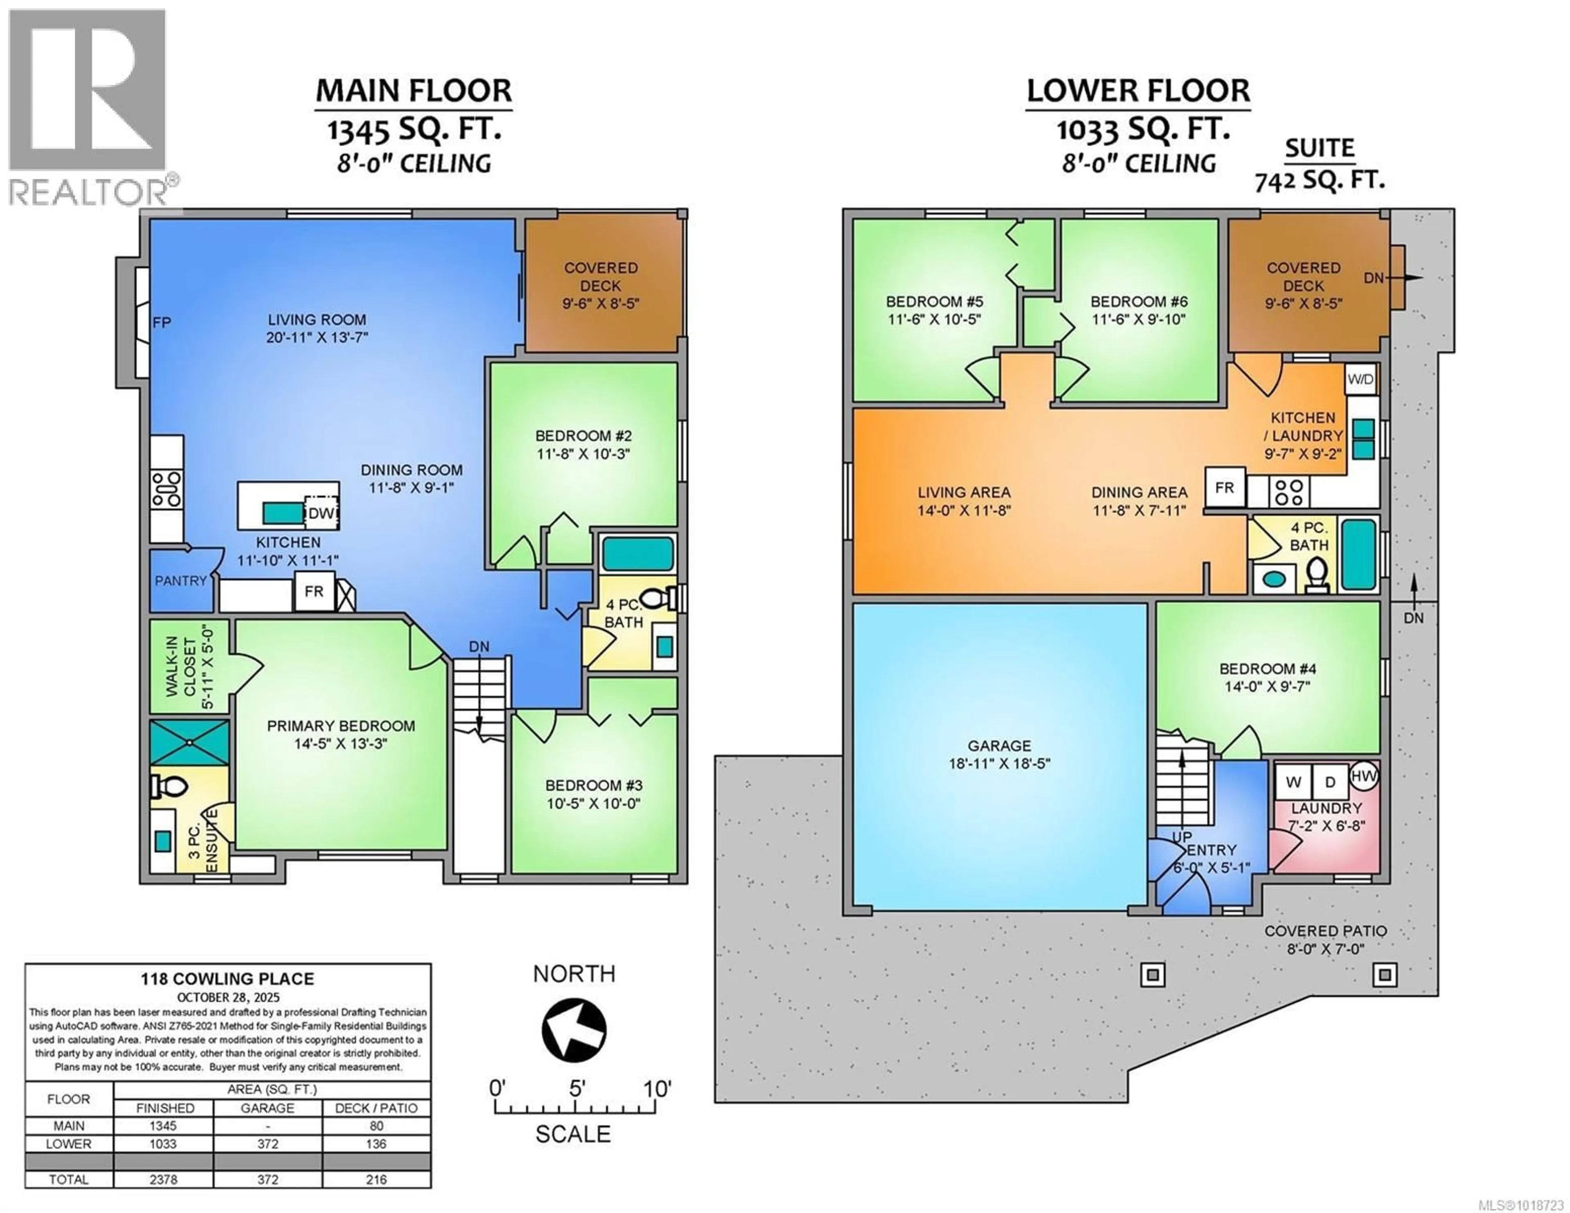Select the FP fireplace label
(162, 322)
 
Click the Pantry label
(180, 580)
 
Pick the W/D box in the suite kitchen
(1360, 380)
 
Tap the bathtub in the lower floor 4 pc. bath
(1357, 554)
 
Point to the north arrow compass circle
(574, 1030)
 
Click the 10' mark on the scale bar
(656, 1089)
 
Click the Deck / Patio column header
(376, 1108)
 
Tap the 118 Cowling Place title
(227, 979)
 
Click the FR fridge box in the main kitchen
(314, 591)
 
